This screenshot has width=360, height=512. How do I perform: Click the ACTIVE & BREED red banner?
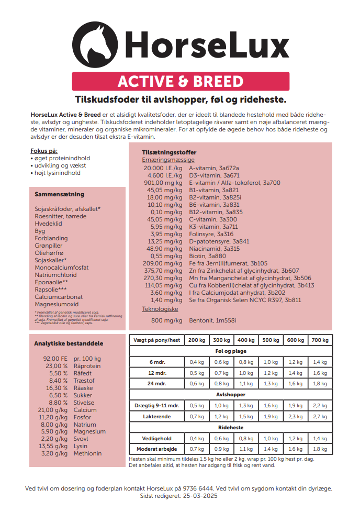pyautogui.click(x=181, y=82)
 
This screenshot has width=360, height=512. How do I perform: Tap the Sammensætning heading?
pyautogui.click(x=59, y=194)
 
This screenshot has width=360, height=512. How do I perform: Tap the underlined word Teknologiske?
pyautogui.click(x=160, y=309)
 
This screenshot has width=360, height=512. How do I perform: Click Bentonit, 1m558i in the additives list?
pyautogui.click(x=212, y=320)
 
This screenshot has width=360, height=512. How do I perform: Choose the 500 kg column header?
pyautogui.click(x=271, y=340)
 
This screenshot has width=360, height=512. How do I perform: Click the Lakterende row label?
pyautogui.click(x=155, y=417)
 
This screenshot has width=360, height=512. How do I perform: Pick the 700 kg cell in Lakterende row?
pyautogui.click(x=320, y=417)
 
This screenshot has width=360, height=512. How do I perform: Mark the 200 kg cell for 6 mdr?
pyautogui.click(x=197, y=362)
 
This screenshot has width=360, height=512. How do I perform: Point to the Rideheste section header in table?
pyautogui.click(x=230, y=427)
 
